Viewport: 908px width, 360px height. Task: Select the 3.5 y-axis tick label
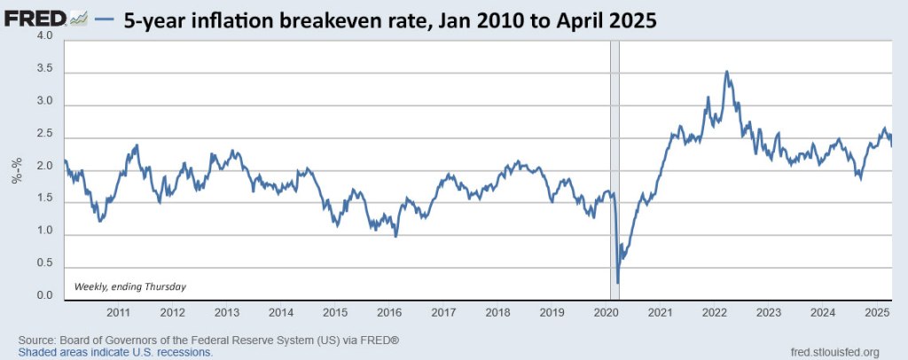[x=45, y=69]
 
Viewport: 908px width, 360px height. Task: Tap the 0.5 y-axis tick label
[x=45, y=264]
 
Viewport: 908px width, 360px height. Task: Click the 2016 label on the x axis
[x=389, y=313]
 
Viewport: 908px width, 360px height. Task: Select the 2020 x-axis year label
[x=606, y=313]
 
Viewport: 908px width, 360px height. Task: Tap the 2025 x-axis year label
[x=876, y=313]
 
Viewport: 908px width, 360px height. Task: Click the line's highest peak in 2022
[x=727, y=72]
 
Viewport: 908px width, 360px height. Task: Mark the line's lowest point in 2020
[x=617, y=282]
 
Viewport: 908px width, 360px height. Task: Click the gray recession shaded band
[x=614, y=160]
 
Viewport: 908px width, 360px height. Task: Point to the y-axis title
[x=17, y=169]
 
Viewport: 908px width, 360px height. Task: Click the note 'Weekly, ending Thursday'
[x=129, y=286]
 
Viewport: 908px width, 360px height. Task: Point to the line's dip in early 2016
[x=395, y=236]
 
